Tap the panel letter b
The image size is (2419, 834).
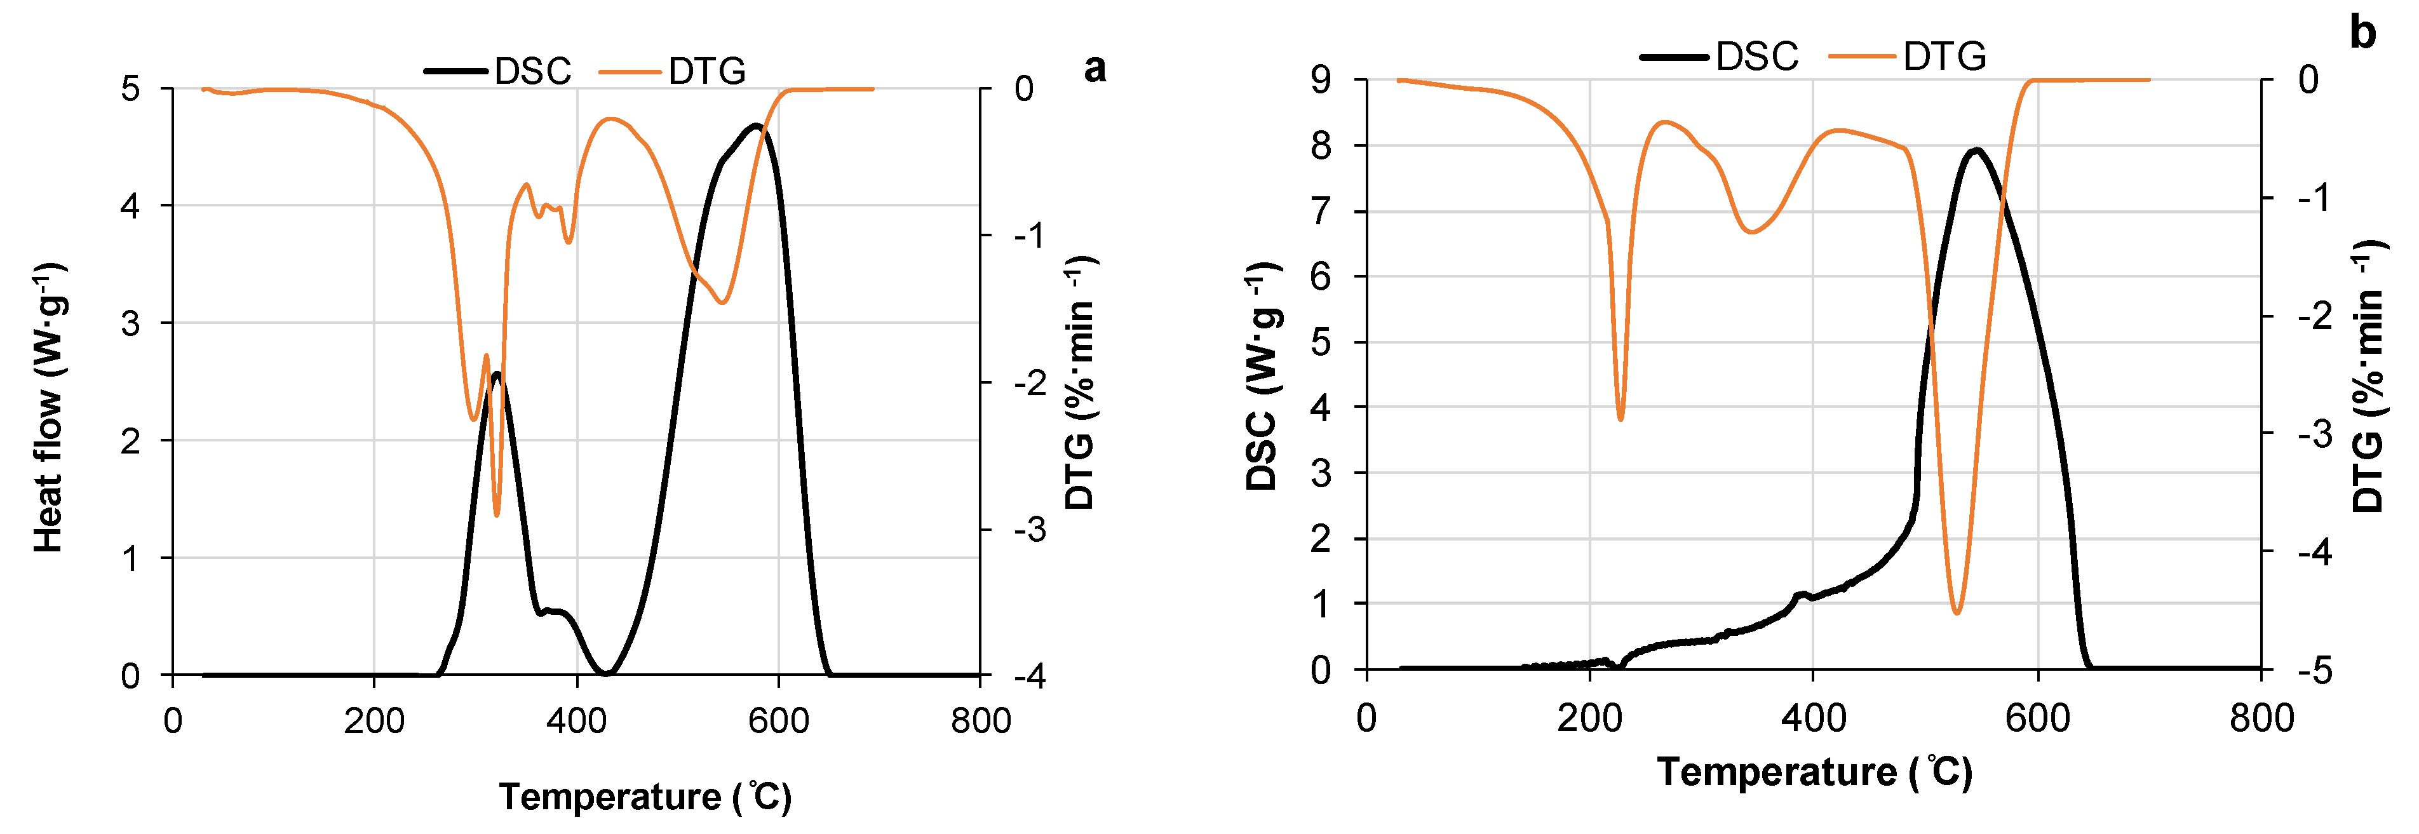click(x=2362, y=33)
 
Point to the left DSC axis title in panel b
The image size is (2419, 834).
click(x=1263, y=375)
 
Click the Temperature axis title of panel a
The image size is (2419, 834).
click(x=645, y=797)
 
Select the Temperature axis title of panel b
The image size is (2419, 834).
click(x=1814, y=772)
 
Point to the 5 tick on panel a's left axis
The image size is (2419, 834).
click(x=130, y=89)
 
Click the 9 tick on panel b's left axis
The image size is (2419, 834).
click(x=1321, y=80)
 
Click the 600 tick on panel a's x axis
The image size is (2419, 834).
click(x=778, y=722)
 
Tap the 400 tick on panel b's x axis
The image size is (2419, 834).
click(x=1814, y=718)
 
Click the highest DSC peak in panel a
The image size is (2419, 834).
click(x=755, y=125)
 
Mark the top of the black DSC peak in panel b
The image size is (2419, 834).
click(x=1977, y=149)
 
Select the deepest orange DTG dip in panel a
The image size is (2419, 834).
click(x=497, y=515)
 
